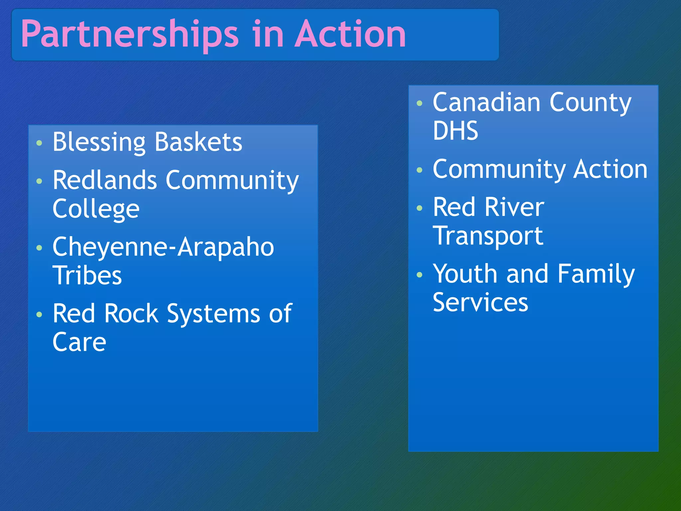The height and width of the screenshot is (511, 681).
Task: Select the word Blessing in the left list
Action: pyautogui.click(x=99, y=142)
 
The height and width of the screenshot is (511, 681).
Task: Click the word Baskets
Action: pyautogui.click(x=199, y=142)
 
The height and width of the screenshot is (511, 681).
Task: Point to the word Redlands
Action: pyautogui.click(x=105, y=180)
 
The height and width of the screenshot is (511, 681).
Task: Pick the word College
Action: pyautogui.click(x=96, y=209)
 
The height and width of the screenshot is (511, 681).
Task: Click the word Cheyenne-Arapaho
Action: pyautogui.click(x=163, y=247)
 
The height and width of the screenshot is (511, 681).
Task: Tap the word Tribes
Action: pyautogui.click(x=87, y=275)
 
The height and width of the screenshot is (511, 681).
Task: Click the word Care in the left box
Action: pyautogui.click(x=79, y=342)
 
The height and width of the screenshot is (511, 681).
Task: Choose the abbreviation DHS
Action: pyautogui.click(x=455, y=131)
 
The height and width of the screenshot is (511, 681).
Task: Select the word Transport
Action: pyautogui.click(x=488, y=236)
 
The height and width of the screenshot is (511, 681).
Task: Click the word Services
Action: pyautogui.click(x=480, y=302)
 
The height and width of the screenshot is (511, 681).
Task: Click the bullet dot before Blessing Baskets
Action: pyautogui.click(x=39, y=143)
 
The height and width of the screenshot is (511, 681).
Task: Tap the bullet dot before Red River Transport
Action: pyautogui.click(x=419, y=208)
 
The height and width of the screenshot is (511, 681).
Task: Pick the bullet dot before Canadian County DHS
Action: pyautogui.click(x=419, y=103)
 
